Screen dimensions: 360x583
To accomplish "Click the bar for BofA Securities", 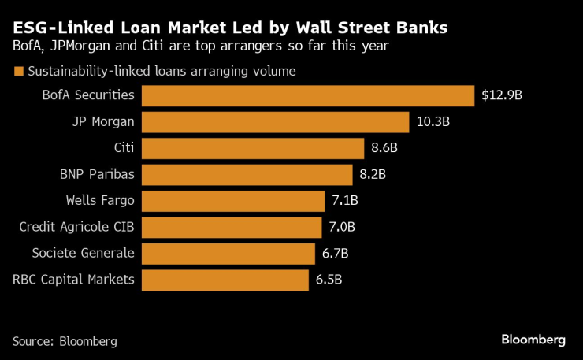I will tap(307, 96).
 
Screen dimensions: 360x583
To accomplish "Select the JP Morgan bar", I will tap(275, 122).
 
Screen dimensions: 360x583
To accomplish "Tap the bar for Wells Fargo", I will tap(233, 201).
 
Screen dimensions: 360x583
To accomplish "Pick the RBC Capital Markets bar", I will tap(225, 280).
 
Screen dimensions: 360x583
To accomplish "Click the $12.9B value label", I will tap(502, 96).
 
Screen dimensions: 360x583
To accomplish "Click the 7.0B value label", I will tap(341, 227).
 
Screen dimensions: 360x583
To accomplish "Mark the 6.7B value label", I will tap(334, 254).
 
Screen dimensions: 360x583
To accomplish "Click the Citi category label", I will tap(124, 148).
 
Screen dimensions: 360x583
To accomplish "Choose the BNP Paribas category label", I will tap(97, 175).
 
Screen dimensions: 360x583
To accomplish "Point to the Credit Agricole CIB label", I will tap(76, 227).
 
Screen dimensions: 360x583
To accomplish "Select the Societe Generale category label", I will tap(83, 254).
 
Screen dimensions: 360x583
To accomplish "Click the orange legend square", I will tap(18, 72).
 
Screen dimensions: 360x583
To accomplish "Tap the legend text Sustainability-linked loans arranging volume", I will tap(162, 72).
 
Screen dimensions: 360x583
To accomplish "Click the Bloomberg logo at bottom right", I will tap(533, 340).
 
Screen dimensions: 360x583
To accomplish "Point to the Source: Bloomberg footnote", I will tap(65, 341).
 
